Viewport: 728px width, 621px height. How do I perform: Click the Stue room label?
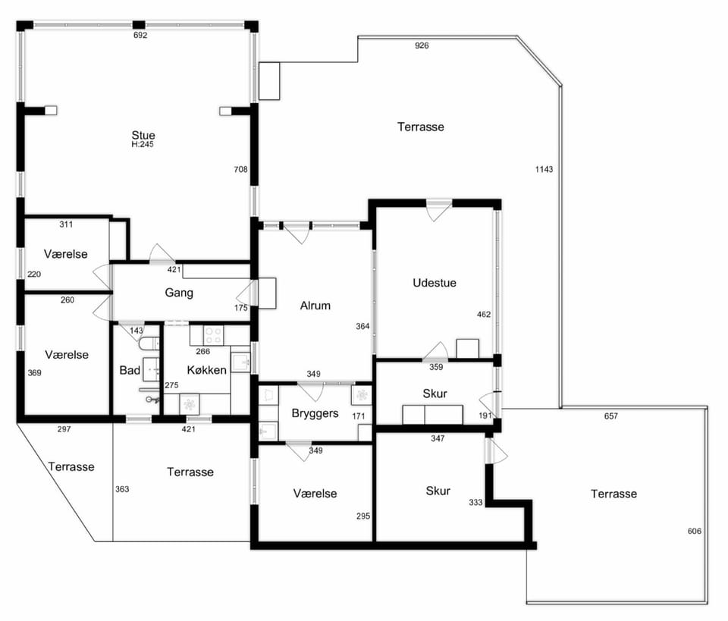pyautogui.click(x=143, y=135)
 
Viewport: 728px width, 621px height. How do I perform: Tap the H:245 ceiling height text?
pyautogui.click(x=142, y=144)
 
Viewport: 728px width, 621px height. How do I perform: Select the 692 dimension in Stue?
pyautogui.click(x=140, y=36)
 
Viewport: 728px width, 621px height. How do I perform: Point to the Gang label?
pyautogui.click(x=179, y=293)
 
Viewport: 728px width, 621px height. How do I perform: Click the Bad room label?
pyautogui.click(x=130, y=370)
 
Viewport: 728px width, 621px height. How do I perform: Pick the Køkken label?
pyautogui.click(x=206, y=370)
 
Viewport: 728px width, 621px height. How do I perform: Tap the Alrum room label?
pyautogui.click(x=315, y=306)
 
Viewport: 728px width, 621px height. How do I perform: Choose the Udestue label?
pyautogui.click(x=435, y=283)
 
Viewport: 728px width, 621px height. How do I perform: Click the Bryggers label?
pyautogui.click(x=315, y=413)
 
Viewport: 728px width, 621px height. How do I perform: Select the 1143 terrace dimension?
pyautogui.click(x=544, y=169)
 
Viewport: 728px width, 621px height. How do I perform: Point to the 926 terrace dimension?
pyautogui.click(x=422, y=45)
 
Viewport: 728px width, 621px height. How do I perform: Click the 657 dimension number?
pyautogui.click(x=611, y=416)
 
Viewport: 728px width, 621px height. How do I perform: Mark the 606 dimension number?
pyautogui.click(x=695, y=531)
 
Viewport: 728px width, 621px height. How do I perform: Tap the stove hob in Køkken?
pyautogui.click(x=214, y=336)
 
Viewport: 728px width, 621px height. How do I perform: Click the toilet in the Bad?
pyautogui.click(x=149, y=343)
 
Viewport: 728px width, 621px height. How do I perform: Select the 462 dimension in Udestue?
pyautogui.click(x=484, y=314)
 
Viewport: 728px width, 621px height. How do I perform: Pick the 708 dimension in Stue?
pyautogui.click(x=240, y=169)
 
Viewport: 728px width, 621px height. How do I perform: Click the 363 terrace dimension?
pyautogui.click(x=122, y=489)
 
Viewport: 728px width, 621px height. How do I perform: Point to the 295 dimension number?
pyautogui.click(x=363, y=516)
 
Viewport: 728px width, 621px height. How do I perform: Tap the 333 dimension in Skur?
pyautogui.click(x=475, y=502)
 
